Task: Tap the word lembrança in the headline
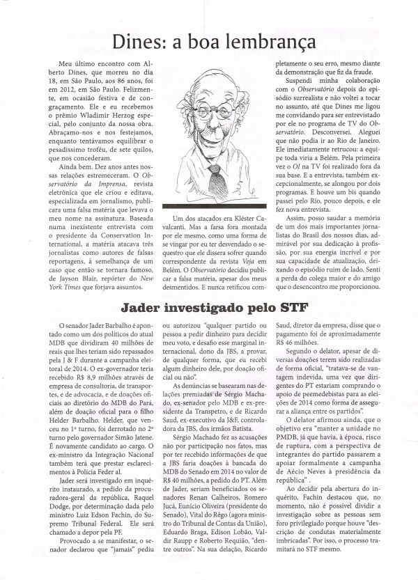point(268,43)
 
